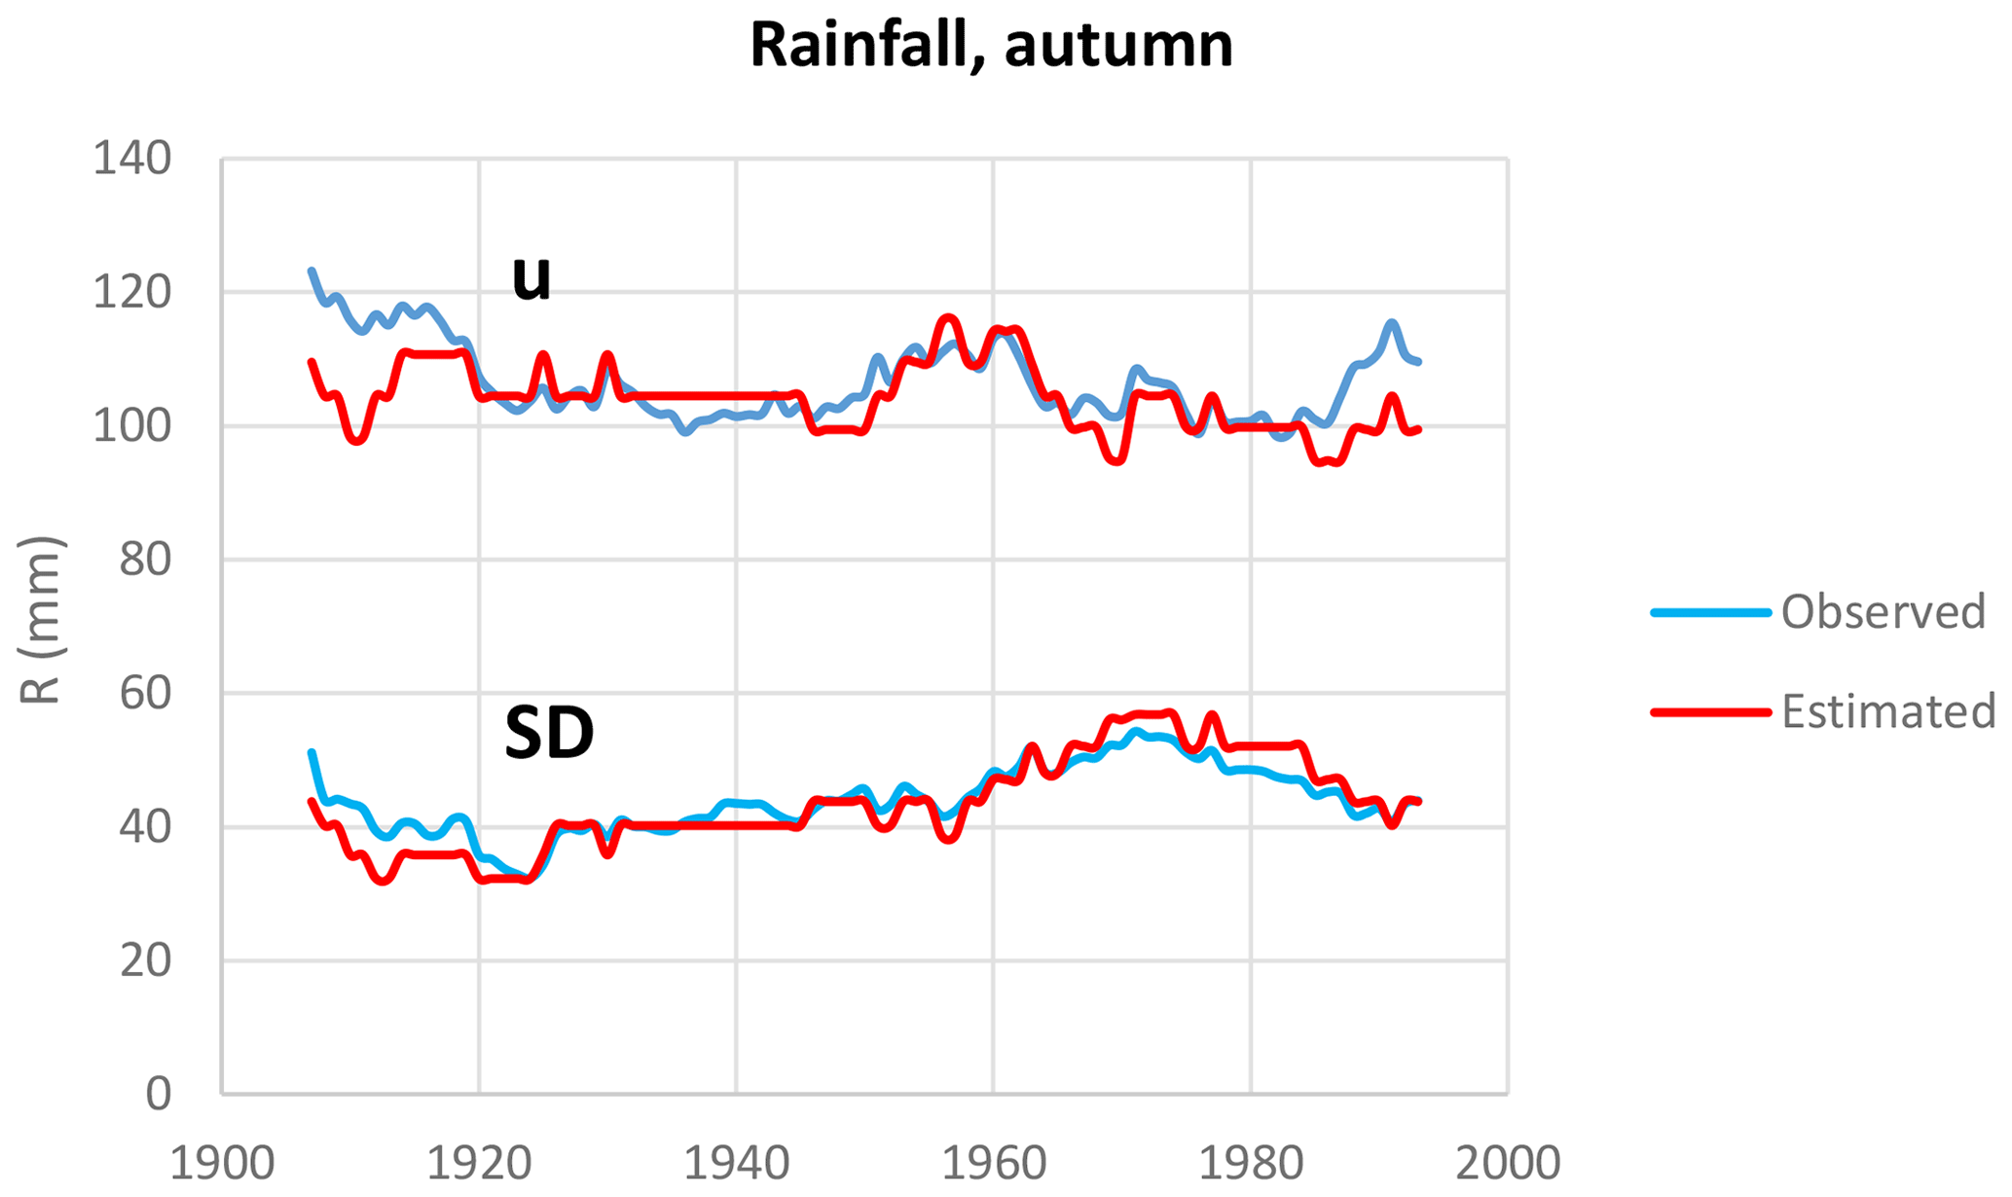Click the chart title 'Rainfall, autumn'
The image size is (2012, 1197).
(x=991, y=46)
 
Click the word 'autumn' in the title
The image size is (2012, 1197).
(x=1118, y=46)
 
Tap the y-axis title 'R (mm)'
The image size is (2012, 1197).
(x=41, y=620)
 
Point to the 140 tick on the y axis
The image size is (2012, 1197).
(x=131, y=158)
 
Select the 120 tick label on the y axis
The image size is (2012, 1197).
(x=131, y=292)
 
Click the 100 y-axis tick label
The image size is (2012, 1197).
(x=131, y=426)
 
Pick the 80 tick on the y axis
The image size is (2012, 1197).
(x=144, y=560)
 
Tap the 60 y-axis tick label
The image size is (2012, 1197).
(x=144, y=693)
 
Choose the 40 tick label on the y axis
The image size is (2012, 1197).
(x=144, y=827)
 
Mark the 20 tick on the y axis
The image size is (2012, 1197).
(x=144, y=961)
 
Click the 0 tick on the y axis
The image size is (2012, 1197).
(x=158, y=1094)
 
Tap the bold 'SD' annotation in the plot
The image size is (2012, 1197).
(x=549, y=734)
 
